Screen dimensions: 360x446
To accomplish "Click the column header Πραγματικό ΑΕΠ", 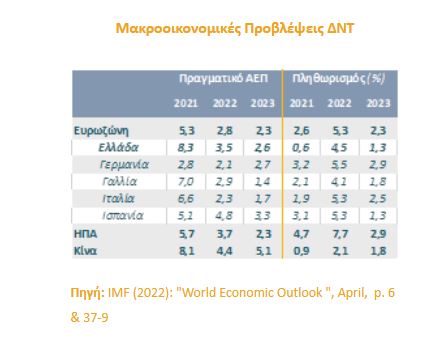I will click(x=221, y=77).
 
